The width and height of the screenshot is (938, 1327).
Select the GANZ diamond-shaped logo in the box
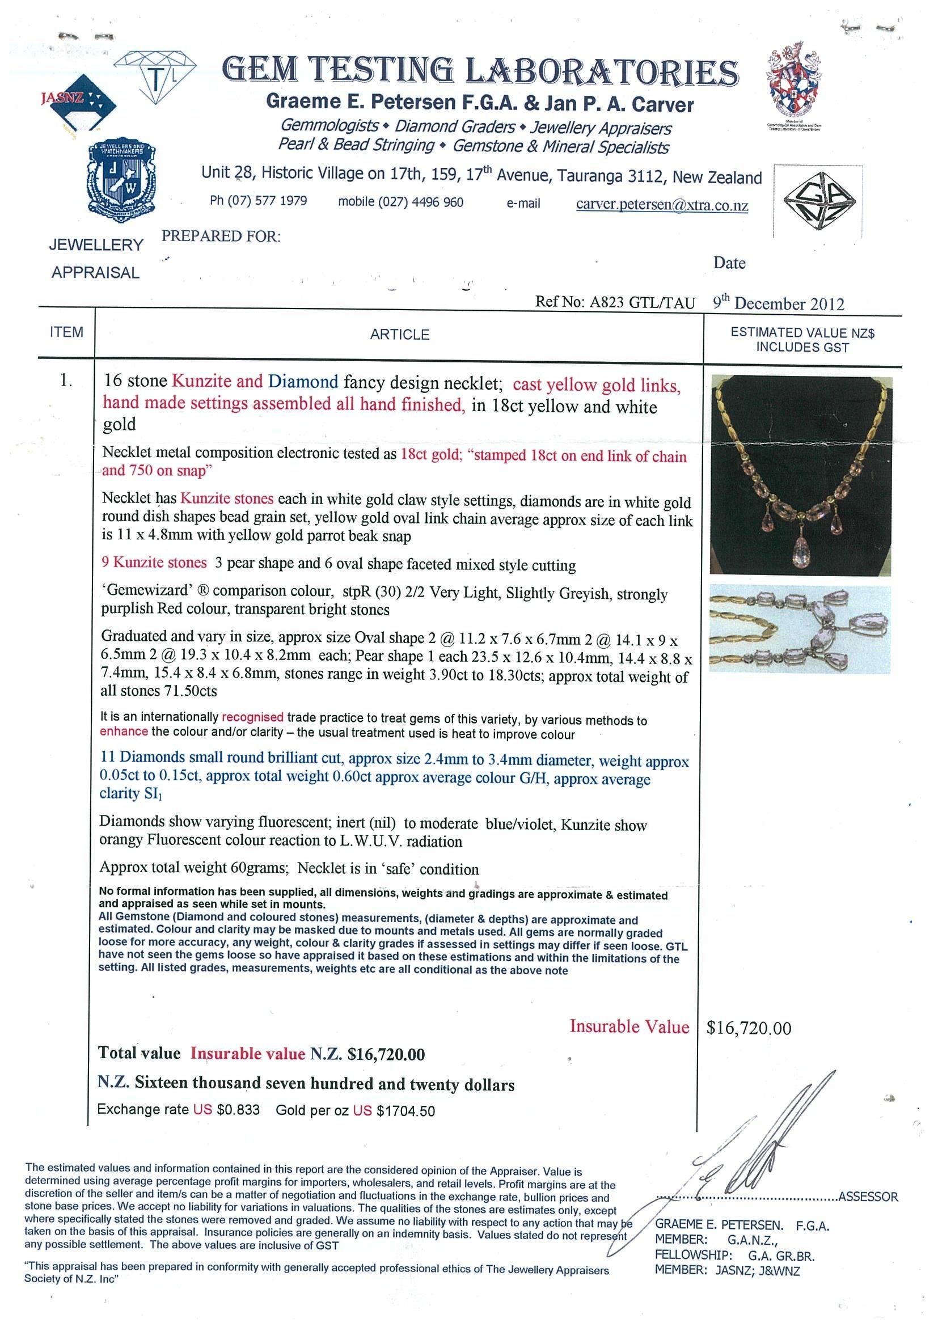(x=819, y=201)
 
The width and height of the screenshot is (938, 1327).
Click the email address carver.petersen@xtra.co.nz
(x=662, y=205)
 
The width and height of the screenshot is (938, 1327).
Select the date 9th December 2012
(x=778, y=303)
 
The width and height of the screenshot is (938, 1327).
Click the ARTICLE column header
(x=399, y=335)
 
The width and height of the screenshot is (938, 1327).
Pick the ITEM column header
(x=66, y=332)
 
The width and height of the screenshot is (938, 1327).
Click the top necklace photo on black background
(x=801, y=475)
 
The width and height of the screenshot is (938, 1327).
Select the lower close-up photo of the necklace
(x=800, y=629)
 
